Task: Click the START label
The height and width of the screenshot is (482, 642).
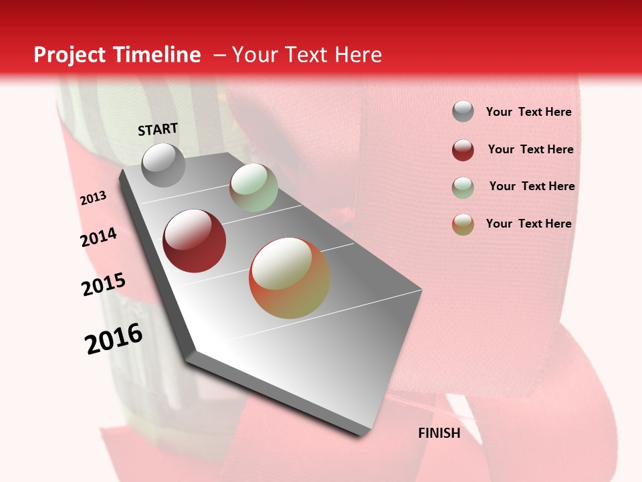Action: coord(158,129)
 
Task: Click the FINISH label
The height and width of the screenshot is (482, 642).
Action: coord(439,433)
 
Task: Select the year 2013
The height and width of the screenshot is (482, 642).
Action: coord(93,198)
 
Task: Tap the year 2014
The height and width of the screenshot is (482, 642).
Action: coord(98,237)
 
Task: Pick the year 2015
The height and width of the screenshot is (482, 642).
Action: coord(104,285)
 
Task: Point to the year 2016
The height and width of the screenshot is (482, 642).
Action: coord(114,339)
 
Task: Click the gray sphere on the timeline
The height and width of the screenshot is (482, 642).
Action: coord(163,165)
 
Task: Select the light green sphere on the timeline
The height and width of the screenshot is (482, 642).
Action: coord(253,187)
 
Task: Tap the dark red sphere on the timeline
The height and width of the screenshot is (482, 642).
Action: coord(195,241)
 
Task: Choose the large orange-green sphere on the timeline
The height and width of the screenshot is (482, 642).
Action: coord(290,278)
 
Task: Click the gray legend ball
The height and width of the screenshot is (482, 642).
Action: coord(463,112)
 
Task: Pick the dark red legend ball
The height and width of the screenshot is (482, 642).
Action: coord(463,150)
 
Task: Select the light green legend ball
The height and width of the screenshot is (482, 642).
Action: coord(463,187)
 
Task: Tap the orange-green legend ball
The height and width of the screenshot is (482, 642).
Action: coord(463,224)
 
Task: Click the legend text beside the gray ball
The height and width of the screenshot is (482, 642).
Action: coord(528,112)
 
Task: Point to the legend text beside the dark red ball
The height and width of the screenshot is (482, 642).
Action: coord(530,149)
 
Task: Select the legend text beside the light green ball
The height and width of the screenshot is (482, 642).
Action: coord(532,186)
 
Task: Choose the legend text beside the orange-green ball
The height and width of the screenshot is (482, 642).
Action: coord(528,224)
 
